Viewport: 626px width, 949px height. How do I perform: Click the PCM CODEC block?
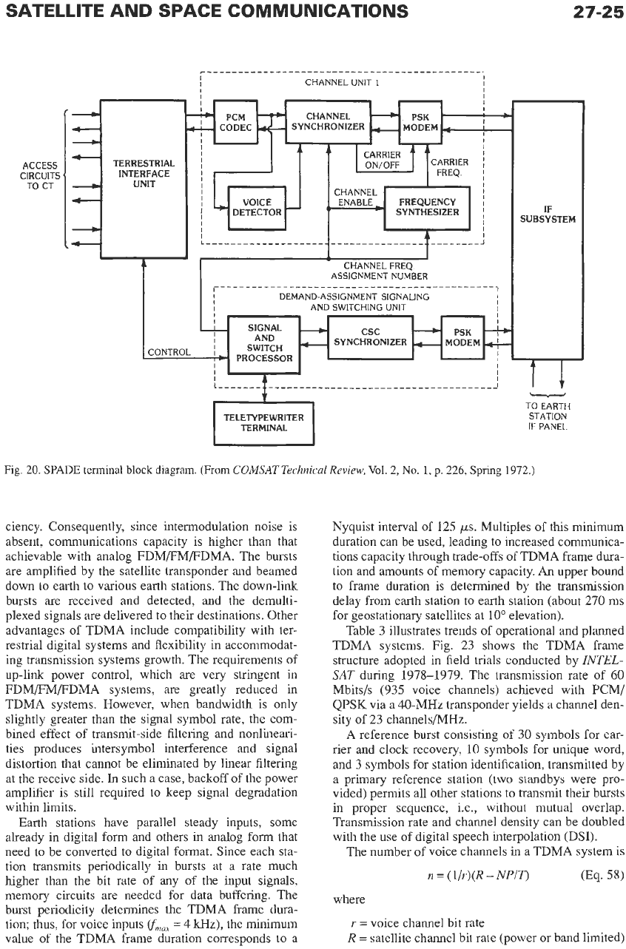click(x=235, y=122)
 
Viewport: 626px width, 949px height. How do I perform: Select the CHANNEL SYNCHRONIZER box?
click(x=328, y=121)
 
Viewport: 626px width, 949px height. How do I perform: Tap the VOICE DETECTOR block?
click(x=257, y=208)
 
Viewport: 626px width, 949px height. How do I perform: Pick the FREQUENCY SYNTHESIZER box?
click(x=427, y=208)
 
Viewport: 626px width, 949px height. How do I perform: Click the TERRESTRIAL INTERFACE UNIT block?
click(x=144, y=179)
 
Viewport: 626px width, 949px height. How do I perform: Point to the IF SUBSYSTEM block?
click(x=548, y=229)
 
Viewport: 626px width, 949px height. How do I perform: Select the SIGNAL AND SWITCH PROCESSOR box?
click(x=264, y=345)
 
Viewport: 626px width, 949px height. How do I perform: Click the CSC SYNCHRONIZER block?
click(x=371, y=337)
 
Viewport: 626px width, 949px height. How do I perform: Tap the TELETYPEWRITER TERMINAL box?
click(x=263, y=423)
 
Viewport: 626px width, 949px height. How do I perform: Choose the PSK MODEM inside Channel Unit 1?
click(x=420, y=122)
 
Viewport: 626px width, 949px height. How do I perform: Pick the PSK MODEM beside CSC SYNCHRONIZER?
click(x=462, y=337)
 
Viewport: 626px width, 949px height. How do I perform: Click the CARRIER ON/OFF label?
click(x=382, y=161)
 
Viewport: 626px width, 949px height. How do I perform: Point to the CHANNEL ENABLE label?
click(x=355, y=197)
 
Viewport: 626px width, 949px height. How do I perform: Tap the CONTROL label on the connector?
click(x=169, y=352)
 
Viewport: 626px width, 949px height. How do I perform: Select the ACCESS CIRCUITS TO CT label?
click(x=40, y=175)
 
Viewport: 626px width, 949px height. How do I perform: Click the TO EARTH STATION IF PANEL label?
click(x=548, y=416)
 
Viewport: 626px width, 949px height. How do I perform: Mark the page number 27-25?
click(x=598, y=11)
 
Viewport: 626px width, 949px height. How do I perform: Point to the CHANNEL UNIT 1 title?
click(x=342, y=82)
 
